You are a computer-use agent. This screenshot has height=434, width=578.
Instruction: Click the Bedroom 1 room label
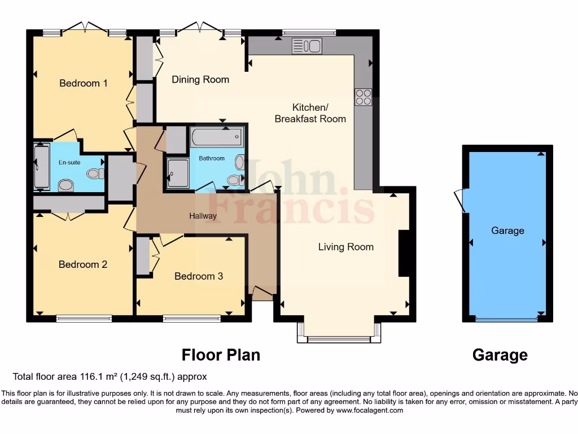84,83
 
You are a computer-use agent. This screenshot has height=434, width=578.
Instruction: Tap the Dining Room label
200,79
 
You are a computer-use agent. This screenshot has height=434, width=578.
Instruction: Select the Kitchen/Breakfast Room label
310,113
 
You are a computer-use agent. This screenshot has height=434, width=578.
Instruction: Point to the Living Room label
345,246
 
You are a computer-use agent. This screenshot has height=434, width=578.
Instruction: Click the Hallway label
203,216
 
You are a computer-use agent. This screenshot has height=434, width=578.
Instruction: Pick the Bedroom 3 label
198,276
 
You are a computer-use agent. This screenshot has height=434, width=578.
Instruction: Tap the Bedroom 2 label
83,264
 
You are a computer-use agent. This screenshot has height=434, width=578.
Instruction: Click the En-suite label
69,162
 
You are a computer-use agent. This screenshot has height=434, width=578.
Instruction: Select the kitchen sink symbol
306,46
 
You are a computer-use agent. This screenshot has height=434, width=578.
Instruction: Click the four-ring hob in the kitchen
363,97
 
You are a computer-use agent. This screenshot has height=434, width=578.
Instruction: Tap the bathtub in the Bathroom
217,137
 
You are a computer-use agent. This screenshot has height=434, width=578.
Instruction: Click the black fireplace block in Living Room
404,253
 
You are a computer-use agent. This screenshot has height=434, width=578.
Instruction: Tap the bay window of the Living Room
339,338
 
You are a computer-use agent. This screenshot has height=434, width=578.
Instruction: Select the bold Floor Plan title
221,355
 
